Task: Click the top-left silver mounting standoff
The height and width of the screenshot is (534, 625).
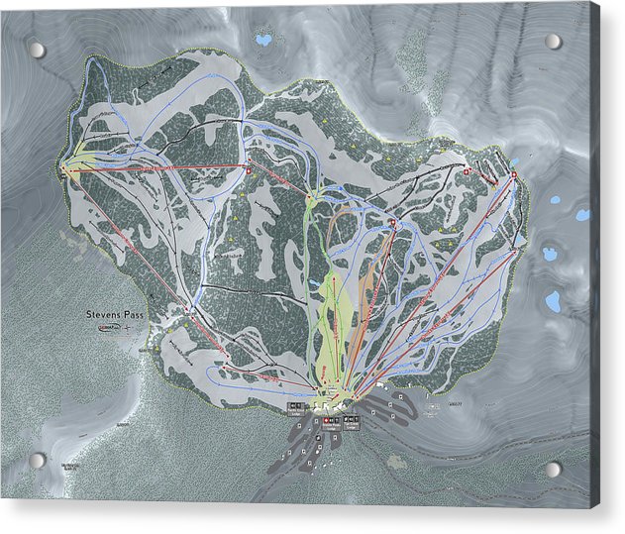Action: pos(37,50)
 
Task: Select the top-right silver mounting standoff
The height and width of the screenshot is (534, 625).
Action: pos(553,42)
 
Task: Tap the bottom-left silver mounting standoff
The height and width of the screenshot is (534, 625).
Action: pos(37,461)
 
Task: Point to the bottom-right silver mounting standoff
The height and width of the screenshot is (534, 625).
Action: pos(553,469)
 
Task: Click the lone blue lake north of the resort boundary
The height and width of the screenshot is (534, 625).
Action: pos(262,41)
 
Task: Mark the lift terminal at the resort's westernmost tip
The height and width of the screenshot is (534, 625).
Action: pos(66,169)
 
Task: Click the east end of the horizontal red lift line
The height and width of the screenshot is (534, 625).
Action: pos(248,169)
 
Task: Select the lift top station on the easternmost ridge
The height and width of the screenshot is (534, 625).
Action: pos(514,175)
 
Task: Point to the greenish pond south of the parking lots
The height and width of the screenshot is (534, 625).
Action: pos(396,461)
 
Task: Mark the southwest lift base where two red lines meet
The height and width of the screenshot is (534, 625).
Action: pos(188,310)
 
